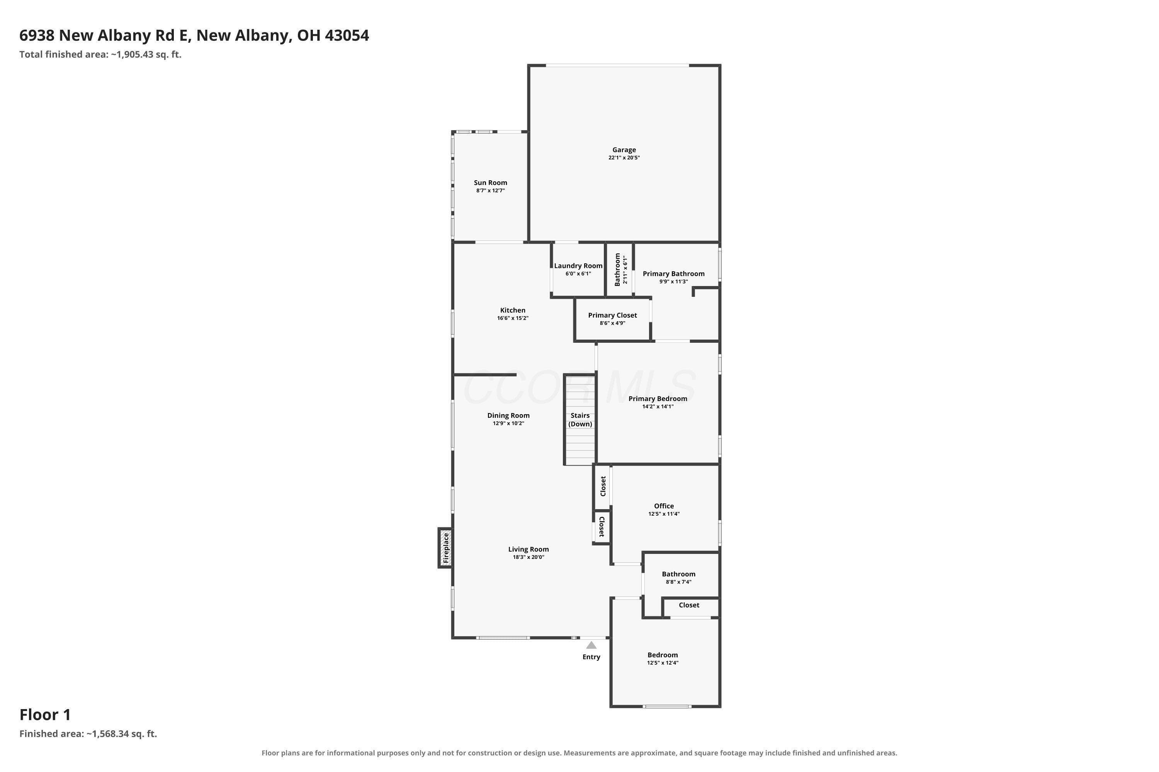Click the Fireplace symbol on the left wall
(445, 547)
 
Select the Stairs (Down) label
(580, 420)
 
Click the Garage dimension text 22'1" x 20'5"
(624, 157)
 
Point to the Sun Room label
(490, 183)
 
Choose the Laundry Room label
(578, 266)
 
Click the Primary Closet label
(612, 315)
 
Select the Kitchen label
(513, 310)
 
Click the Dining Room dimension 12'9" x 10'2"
(508, 423)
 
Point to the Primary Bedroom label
(658, 399)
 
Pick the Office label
(664, 506)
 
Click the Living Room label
(528, 549)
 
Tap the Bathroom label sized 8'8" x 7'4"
(678, 574)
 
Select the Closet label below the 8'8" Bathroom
(689, 605)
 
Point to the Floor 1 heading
(45, 714)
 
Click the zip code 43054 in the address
(347, 36)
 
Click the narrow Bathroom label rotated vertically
(617, 269)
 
